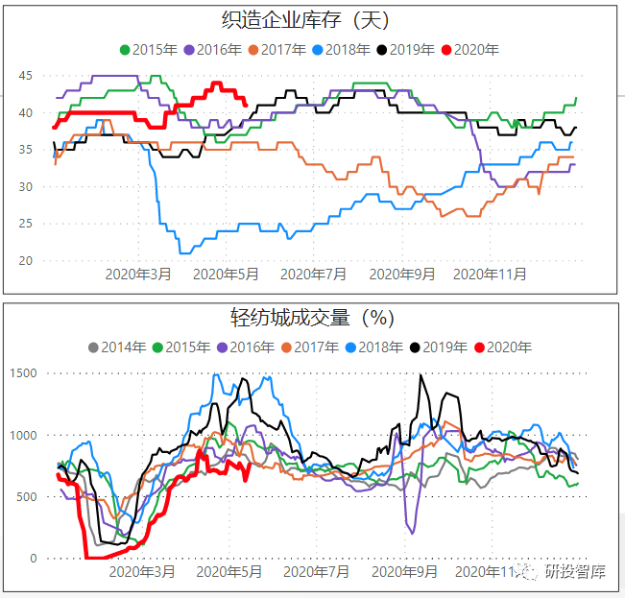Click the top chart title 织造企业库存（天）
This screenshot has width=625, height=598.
(312, 19)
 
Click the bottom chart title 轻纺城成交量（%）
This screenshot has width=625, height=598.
(312, 318)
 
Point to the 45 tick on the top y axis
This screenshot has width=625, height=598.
(26, 76)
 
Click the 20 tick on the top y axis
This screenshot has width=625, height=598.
(26, 260)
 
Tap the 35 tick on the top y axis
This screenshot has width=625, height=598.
(26, 150)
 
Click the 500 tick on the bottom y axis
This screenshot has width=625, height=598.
(26, 496)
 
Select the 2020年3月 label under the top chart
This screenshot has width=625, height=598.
(140, 274)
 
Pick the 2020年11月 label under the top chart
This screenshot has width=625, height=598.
(490, 274)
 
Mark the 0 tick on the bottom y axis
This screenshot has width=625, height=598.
(32, 558)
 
